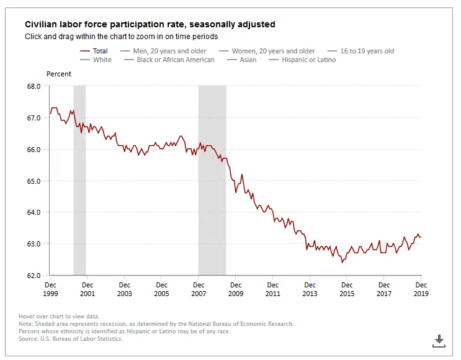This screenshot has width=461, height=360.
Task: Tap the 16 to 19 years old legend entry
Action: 366,51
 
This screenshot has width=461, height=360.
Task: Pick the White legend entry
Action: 102,60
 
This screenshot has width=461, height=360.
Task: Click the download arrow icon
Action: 439,340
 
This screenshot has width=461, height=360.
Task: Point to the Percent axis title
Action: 59,74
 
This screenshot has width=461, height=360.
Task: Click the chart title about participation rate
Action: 150,24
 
